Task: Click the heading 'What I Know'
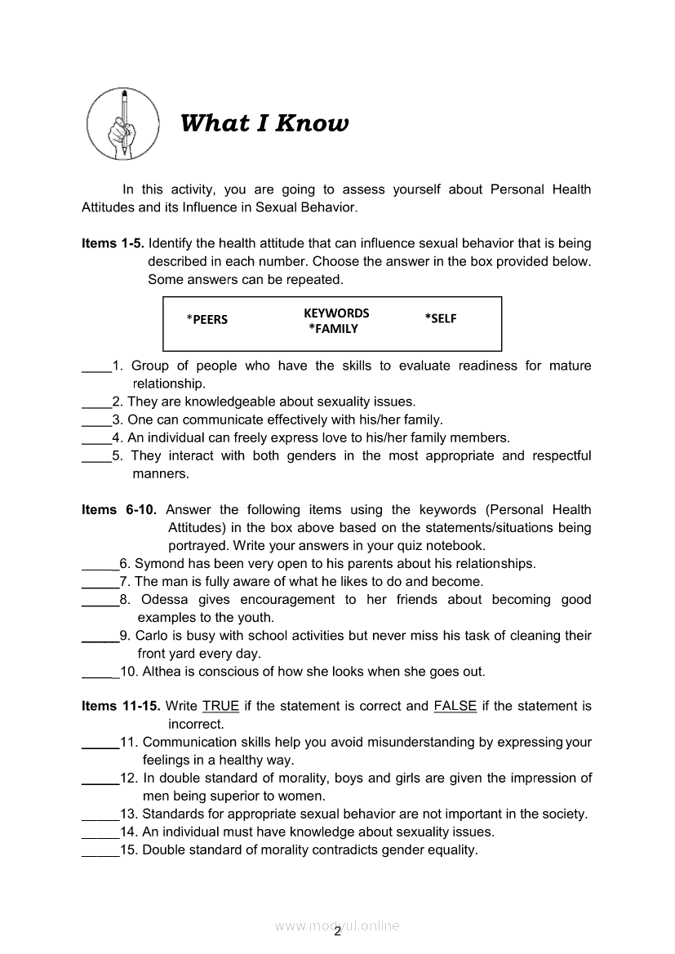pyautogui.click(x=264, y=123)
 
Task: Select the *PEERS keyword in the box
pyautogui.click(x=207, y=319)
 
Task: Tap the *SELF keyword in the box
pyautogui.click(x=441, y=318)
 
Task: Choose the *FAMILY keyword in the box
pyautogui.click(x=333, y=329)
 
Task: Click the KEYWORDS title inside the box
pyautogui.click(x=336, y=313)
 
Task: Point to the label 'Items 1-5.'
pyautogui.click(x=113, y=243)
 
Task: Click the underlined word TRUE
pyautogui.click(x=220, y=706)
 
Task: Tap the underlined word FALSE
pyautogui.click(x=455, y=706)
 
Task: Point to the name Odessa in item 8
pyautogui.click(x=164, y=600)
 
